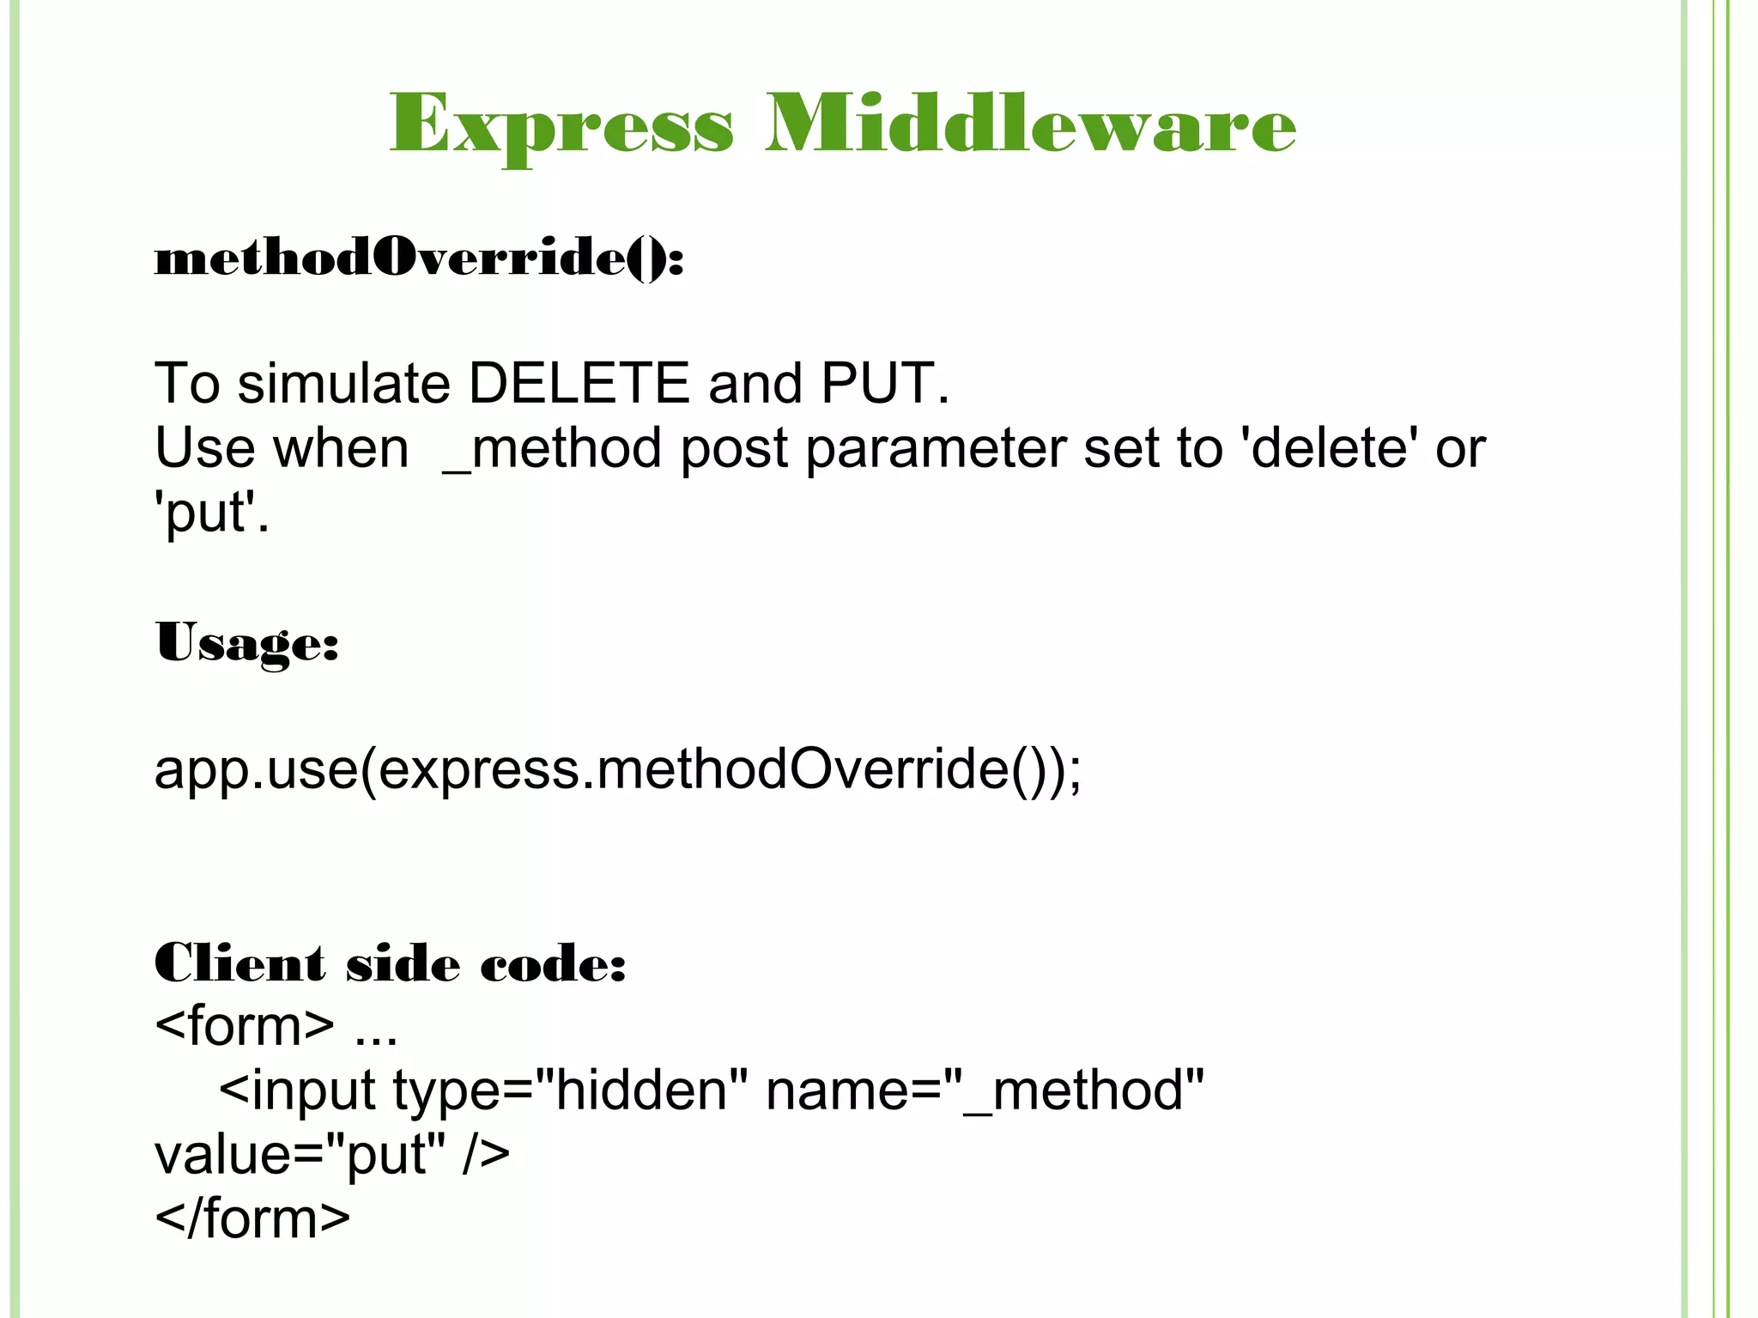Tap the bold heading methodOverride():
(x=419, y=257)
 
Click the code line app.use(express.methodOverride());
(x=618, y=769)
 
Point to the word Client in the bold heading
(x=240, y=963)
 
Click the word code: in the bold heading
(x=553, y=963)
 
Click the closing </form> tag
(x=252, y=1218)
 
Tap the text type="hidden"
(x=571, y=1090)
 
